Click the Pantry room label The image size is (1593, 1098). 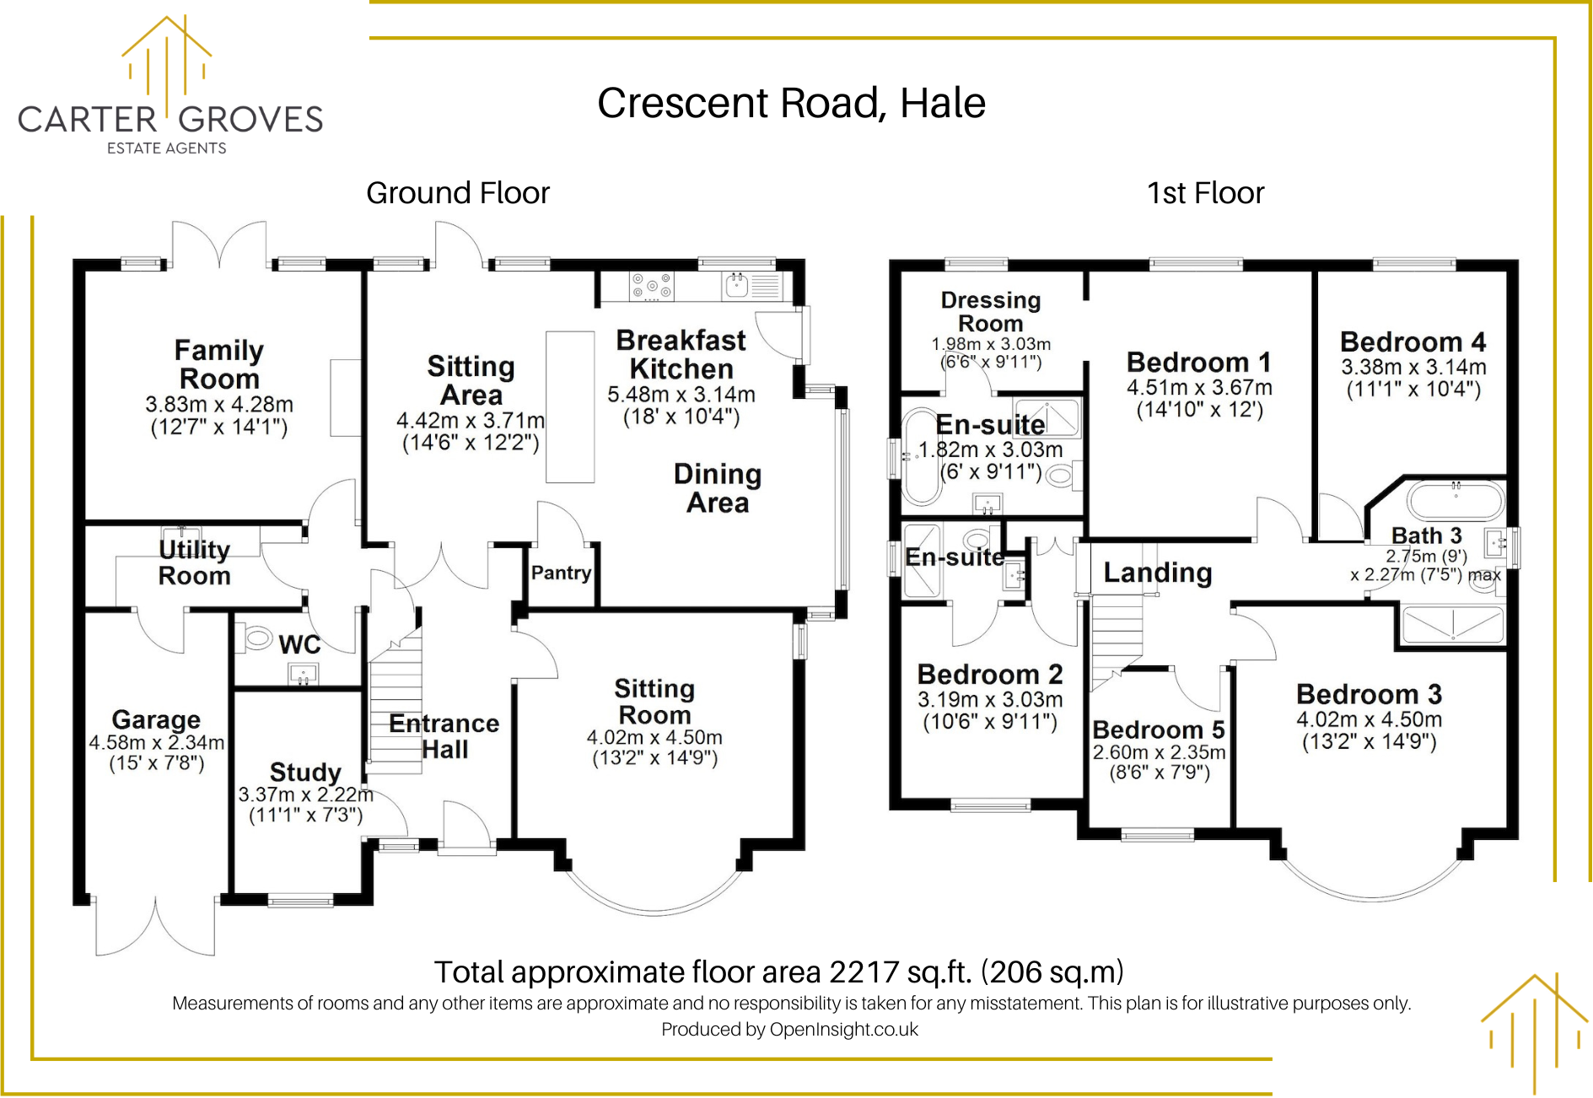[x=561, y=573]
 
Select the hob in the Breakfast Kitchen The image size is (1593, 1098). [x=652, y=286]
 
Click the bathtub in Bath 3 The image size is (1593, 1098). [x=1456, y=501]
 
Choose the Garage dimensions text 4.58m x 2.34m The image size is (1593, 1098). [x=157, y=743]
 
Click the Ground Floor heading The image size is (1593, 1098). [x=458, y=193]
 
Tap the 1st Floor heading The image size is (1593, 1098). [x=1205, y=193]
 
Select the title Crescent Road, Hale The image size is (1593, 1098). [x=791, y=103]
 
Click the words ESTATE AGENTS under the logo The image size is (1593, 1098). [x=167, y=148]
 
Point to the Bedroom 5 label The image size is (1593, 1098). [x=1158, y=729]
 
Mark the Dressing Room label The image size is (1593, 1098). [x=991, y=312]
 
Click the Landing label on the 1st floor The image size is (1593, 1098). [x=1158, y=573]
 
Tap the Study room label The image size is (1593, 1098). [x=305, y=772]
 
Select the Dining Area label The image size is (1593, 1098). [x=718, y=488]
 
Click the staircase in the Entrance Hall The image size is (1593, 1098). [x=396, y=702]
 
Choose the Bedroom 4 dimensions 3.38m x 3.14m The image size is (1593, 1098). [x=1413, y=367]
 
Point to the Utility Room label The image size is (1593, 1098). [x=195, y=562]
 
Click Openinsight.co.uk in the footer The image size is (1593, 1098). [x=844, y=1030]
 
